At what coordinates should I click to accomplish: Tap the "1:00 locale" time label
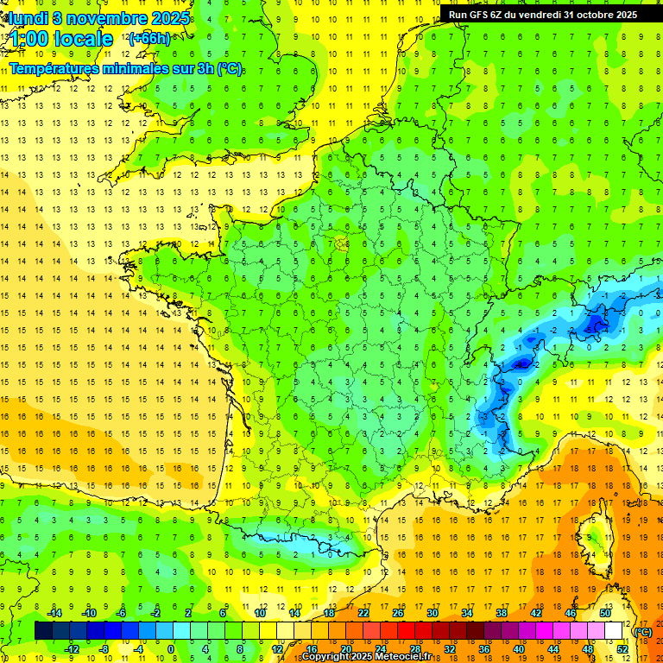[x=61, y=39]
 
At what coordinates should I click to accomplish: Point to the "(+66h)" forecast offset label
[x=149, y=38]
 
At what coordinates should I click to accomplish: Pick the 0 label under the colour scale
[x=171, y=648]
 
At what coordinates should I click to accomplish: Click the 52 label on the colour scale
[x=622, y=648]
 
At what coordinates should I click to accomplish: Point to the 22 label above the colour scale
[x=363, y=613]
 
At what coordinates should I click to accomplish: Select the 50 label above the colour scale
[x=605, y=613]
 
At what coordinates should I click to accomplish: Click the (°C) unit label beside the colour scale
[x=643, y=631]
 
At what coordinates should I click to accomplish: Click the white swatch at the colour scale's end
[x=614, y=631]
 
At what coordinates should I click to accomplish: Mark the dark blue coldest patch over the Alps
[x=594, y=325]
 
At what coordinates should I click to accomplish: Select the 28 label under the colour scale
[x=415, y=648]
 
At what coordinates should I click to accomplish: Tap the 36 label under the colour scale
[x=484, y=648]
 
